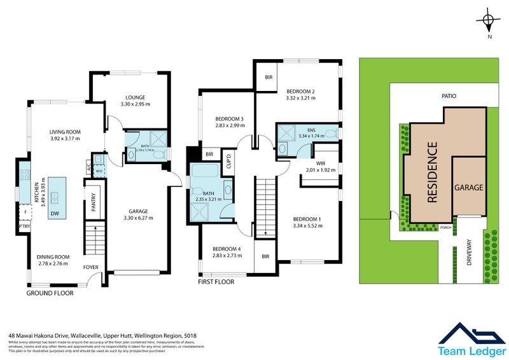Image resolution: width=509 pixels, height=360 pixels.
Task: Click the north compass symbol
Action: (488, 21)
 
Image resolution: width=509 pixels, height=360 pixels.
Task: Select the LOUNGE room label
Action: (134, 97)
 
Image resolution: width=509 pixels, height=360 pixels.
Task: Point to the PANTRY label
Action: (93, 203)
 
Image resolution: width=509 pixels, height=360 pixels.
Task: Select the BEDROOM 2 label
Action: (301, 91)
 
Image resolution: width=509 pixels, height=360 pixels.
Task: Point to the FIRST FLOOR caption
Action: (216, 281)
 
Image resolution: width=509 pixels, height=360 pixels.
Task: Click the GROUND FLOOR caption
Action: (50, 293)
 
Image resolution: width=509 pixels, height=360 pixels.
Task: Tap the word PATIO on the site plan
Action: (449, 96)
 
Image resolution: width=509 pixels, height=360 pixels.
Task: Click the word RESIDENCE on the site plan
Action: (432, 172)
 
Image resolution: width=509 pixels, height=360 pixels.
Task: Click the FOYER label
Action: (91, 267)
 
